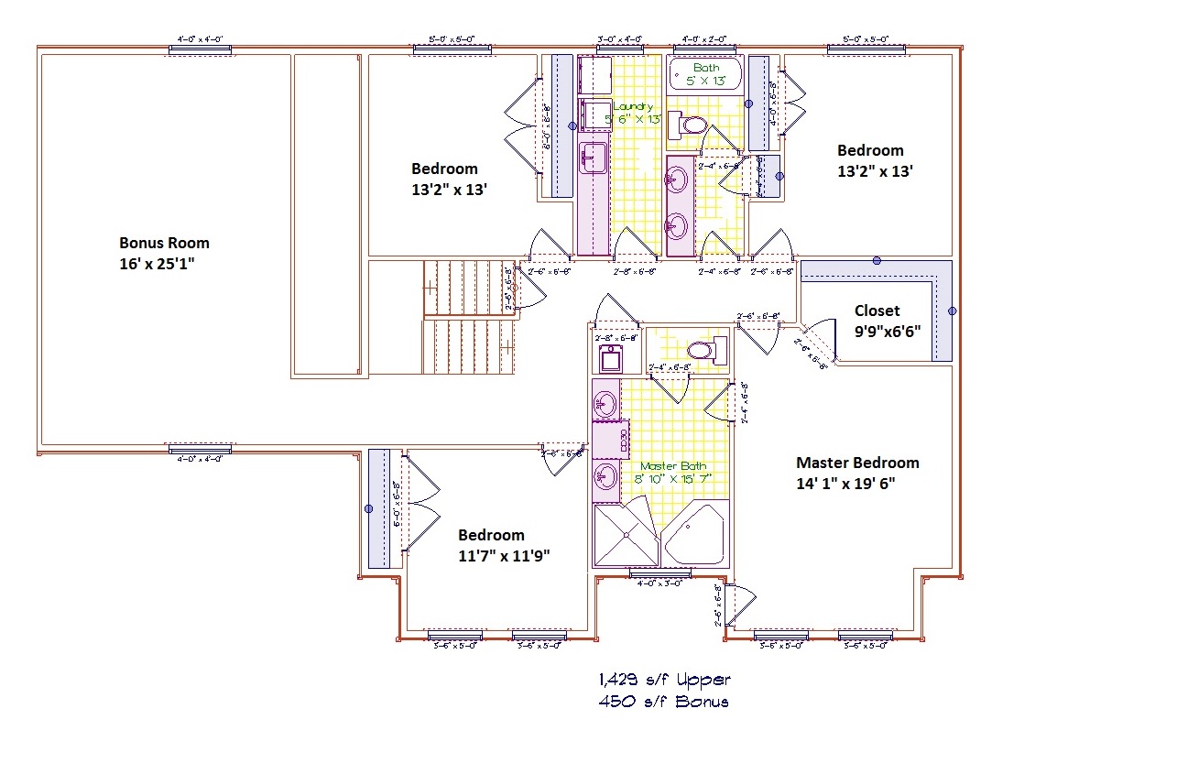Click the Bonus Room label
[164, 243]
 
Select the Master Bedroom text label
[856, 463]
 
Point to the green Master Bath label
[675, 466]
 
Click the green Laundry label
[633, 106]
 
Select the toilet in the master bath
[706, 350]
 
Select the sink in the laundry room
[594, 157]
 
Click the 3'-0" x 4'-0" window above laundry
[620, 48]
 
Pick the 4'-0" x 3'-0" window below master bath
[659, 574]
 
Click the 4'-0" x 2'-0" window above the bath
[705, 48]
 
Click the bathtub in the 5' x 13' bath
[705, 74]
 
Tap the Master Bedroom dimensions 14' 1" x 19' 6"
[845, 483]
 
